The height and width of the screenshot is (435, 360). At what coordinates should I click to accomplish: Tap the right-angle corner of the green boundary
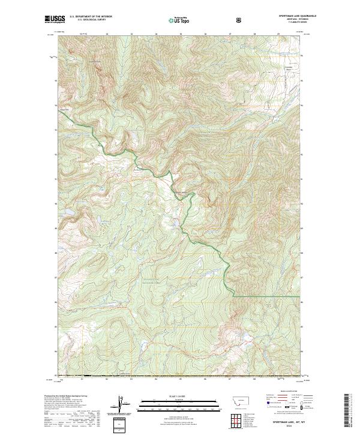click(232, 296)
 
